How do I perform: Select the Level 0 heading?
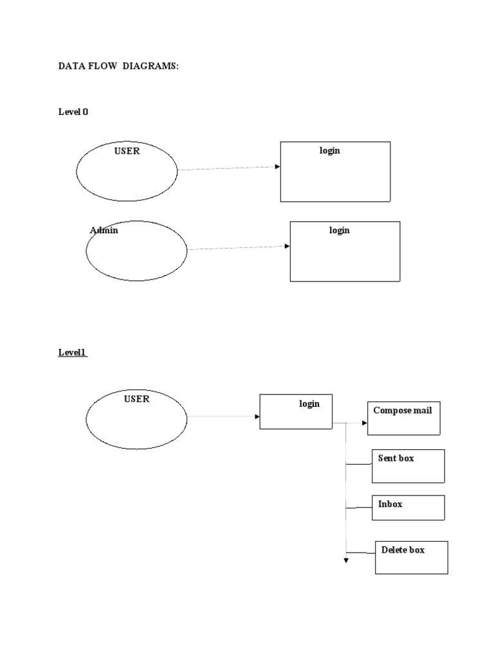(73, 112)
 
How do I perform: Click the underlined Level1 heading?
(73, 353)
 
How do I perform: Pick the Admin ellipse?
(136, 251)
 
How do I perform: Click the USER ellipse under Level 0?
(127, 172)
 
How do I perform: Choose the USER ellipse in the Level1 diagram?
(136, 419)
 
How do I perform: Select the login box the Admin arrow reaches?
(345, 251)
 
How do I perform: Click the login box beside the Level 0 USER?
(335, 172)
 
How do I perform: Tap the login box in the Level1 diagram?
(296, 411)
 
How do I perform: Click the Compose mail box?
(404, 418)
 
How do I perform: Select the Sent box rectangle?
(408, 466)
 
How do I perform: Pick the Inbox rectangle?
(408, 507)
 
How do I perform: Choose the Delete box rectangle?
(412, 557)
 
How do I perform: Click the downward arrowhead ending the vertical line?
(346, 561)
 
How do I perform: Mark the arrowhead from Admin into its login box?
(287, 245)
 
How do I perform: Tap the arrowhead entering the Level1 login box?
(257, 416)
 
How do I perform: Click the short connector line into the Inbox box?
(358, 508)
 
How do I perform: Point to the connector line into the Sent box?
(358, 463)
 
